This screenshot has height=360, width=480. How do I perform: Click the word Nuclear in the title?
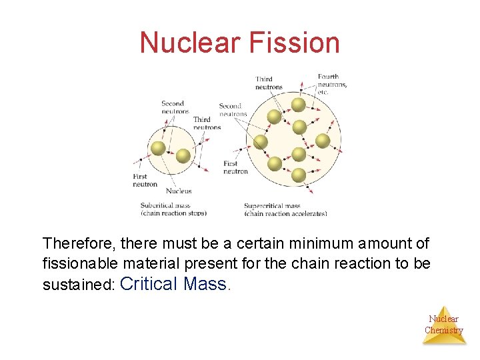coord(191,43)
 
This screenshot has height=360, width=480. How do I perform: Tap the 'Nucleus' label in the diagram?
coord(178,191)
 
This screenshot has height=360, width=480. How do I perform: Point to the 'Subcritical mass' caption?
coord(173,209)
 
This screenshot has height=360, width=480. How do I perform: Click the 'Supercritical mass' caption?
coord(285,210)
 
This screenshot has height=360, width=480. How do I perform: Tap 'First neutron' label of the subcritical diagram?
coord(145,181)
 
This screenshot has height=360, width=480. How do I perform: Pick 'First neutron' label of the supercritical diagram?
coord(235,167)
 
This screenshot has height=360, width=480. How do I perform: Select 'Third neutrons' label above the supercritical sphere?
coord(269,83)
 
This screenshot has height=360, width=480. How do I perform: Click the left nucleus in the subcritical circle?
coord(159,148)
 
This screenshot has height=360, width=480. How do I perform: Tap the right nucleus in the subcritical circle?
coord(183,156)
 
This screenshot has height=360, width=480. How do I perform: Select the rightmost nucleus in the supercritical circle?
coord(323,141)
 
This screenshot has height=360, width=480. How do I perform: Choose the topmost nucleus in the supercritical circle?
coord(299,105)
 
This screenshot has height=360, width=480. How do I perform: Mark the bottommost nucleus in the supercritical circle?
coord(299,175)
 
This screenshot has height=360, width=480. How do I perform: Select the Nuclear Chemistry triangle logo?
coord(444,325)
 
